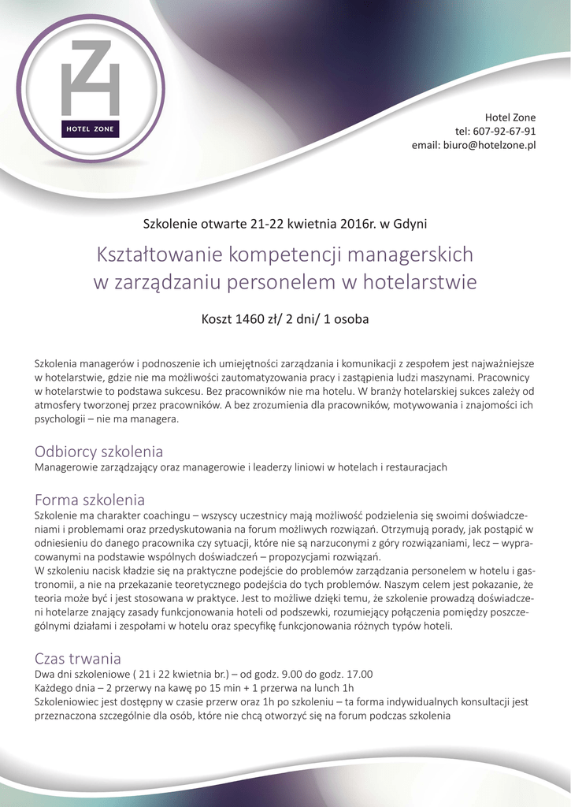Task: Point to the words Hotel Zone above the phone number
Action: tap(510, 117)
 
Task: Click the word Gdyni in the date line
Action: tap(409, 223)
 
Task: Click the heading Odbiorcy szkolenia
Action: tap(99, 452)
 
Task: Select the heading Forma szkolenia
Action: tap(90, 500)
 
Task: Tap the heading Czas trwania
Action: tap(78, 658)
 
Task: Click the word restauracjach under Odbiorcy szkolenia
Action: tap(413, 467)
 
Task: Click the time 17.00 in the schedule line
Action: tap(358, 674)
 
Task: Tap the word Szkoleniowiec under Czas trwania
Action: tap(70, 701)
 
